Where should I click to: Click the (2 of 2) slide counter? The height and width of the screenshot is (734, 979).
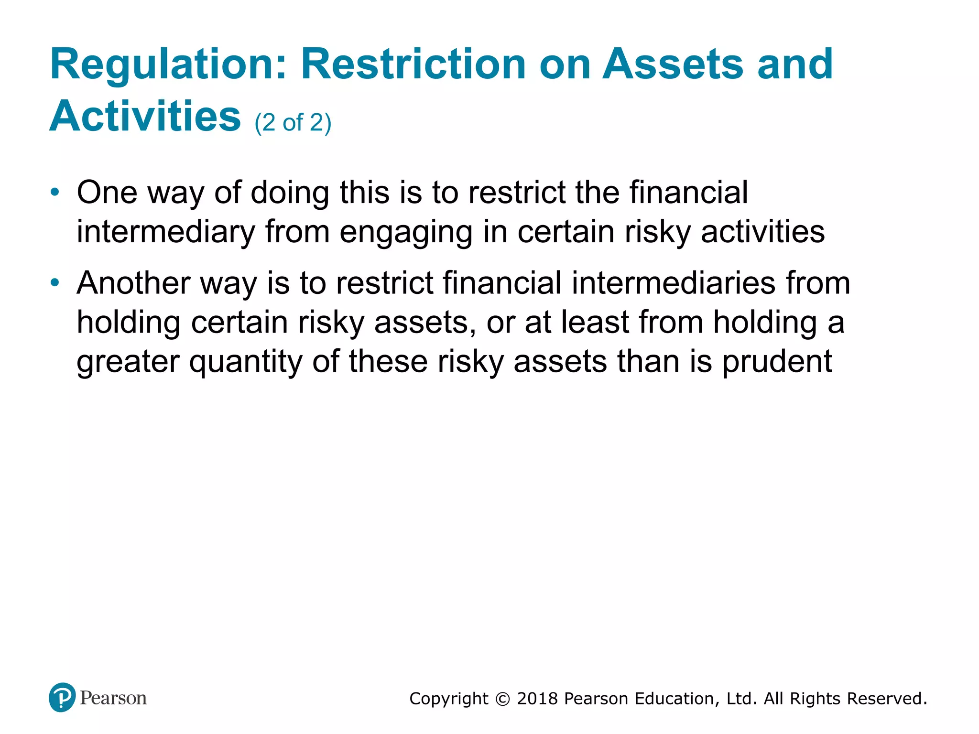tap(293, 123)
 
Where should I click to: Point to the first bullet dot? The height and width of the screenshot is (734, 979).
tap(55, 193)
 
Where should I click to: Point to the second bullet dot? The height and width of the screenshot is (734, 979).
tap(55, 283)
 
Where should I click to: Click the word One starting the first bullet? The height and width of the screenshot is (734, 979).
tap(107, 193)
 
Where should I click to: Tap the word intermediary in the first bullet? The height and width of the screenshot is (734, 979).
tap(166, 232)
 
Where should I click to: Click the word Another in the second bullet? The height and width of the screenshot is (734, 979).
tap(133, 283)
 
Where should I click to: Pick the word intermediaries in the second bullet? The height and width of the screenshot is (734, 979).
tap(673, 283)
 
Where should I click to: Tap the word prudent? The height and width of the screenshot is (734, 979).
tap(777, 362)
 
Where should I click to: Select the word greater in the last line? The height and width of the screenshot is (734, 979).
tap(128, 362)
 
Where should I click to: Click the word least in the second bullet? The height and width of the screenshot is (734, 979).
tap(595, 323)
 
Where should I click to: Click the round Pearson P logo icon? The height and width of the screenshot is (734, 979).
tap(62, 698)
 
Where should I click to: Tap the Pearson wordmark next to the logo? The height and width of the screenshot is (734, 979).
tap(113, 698)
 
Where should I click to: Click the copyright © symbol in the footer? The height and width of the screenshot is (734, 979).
tap(502, 699)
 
